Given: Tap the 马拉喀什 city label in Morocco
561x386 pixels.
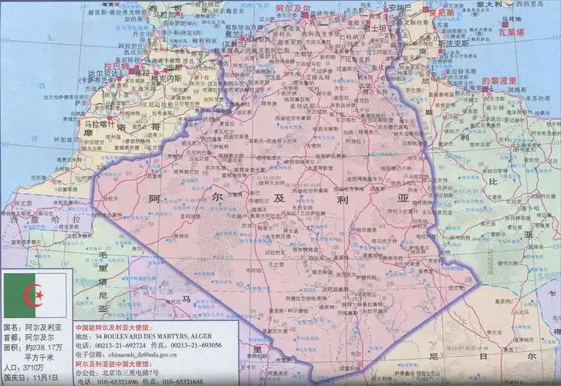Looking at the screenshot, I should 100,124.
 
